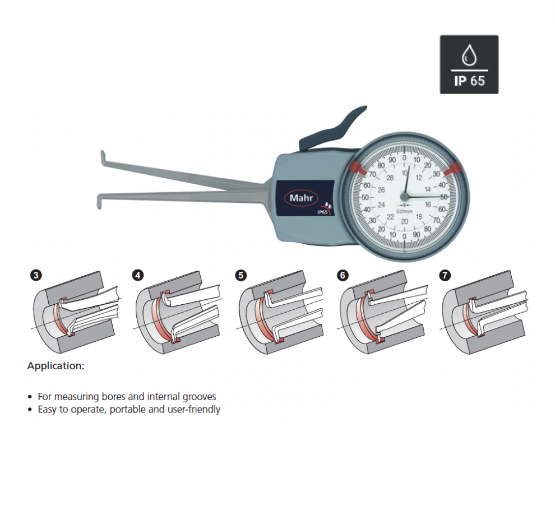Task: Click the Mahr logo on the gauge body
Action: coord(303,198)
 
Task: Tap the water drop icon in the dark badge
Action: coord(468,56)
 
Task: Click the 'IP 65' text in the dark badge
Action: coord(469,80)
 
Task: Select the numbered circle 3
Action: coord(36,275)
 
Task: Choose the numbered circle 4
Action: coord(138,275)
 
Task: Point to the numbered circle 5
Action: coord(240,275)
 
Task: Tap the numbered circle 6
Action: coord(343,275)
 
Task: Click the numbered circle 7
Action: coord(445,275)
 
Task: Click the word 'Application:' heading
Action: coord(56,366)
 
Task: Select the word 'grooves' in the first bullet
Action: coord(197,396)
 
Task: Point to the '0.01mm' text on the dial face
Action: coord(404,211)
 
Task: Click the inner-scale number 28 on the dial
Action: coord(390,178)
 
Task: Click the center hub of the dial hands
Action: coord(404,196)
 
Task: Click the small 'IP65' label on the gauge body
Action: coord(323,212)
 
